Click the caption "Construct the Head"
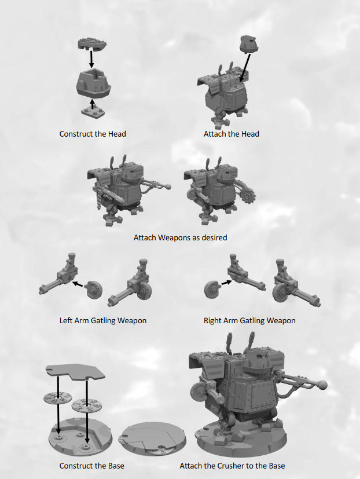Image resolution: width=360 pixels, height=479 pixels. click(x=93, y=134)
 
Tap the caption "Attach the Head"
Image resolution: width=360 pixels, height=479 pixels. click(x=231, y=134)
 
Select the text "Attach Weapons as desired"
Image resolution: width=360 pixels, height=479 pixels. click(x=180, y=237)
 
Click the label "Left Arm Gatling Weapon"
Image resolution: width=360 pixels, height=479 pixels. click(x=103, y=320)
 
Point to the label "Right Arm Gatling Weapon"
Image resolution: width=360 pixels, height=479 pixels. click(x=249, y=320)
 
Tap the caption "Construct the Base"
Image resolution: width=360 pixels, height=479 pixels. click(x=91, y=466)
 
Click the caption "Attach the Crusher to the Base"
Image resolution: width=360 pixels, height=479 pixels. click(x=232, y=466)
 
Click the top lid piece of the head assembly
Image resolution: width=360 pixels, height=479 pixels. click(x=92, y=43)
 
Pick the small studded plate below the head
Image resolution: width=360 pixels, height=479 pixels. click(x=93, y=112)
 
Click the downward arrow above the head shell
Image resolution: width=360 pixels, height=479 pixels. click(x=91, y=59)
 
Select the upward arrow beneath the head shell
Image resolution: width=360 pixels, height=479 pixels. click(x=93, y=104)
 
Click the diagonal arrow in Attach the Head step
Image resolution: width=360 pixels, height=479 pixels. click(x=245, y=68)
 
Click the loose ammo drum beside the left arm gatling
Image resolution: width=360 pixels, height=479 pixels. click(x=94, y=290)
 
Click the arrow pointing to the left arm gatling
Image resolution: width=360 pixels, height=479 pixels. click(x=78, y=284)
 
